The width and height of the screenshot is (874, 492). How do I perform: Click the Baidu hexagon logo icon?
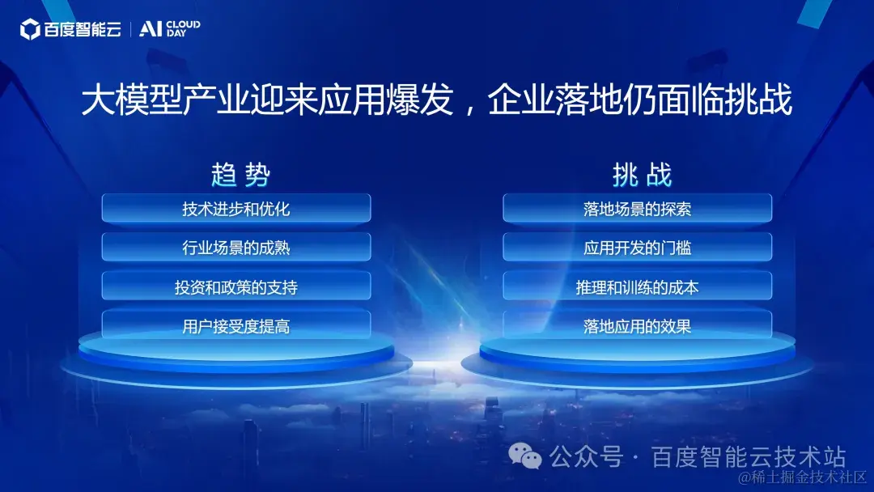30,29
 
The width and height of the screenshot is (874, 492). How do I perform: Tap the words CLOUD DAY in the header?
184,29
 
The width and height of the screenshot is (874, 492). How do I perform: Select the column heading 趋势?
241,175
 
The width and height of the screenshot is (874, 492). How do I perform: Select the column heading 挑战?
642,175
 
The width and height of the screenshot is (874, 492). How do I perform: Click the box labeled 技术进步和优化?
236,209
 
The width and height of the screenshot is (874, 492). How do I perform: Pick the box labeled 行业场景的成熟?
236,247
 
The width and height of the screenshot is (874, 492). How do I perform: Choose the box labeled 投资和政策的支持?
236,286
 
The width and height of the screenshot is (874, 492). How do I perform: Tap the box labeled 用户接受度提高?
236,325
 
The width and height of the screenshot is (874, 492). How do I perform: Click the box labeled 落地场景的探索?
637,209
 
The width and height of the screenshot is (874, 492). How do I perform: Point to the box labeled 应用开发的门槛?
637,247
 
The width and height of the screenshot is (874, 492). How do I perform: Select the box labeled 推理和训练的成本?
637,286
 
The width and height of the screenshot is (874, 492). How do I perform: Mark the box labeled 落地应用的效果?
637,325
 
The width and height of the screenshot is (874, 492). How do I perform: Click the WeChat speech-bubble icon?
525,456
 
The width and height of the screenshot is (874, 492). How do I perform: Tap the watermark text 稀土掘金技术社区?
808,477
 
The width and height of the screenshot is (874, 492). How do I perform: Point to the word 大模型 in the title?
132,100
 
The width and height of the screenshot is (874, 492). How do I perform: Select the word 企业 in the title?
521,100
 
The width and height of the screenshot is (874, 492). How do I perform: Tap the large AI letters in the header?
150,29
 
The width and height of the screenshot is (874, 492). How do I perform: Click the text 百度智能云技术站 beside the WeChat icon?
749,457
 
